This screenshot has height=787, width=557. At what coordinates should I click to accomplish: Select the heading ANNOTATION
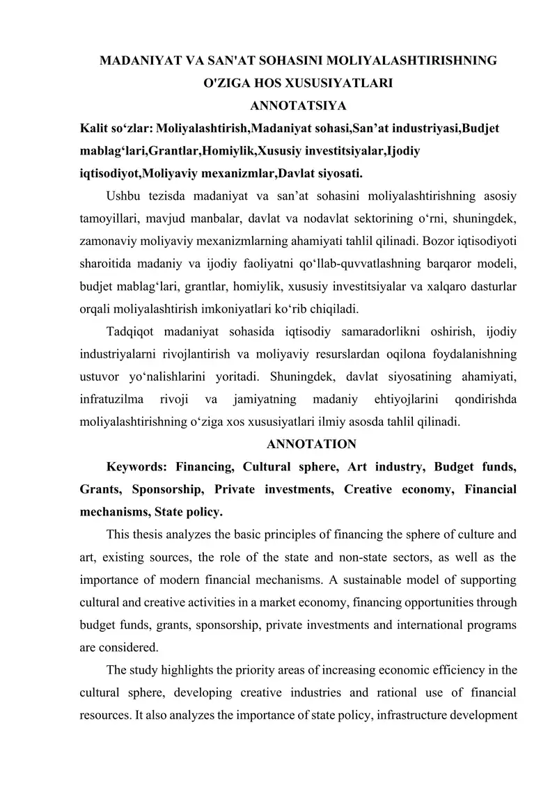(311, 444)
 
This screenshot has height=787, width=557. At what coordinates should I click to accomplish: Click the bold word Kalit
(96, 129)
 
